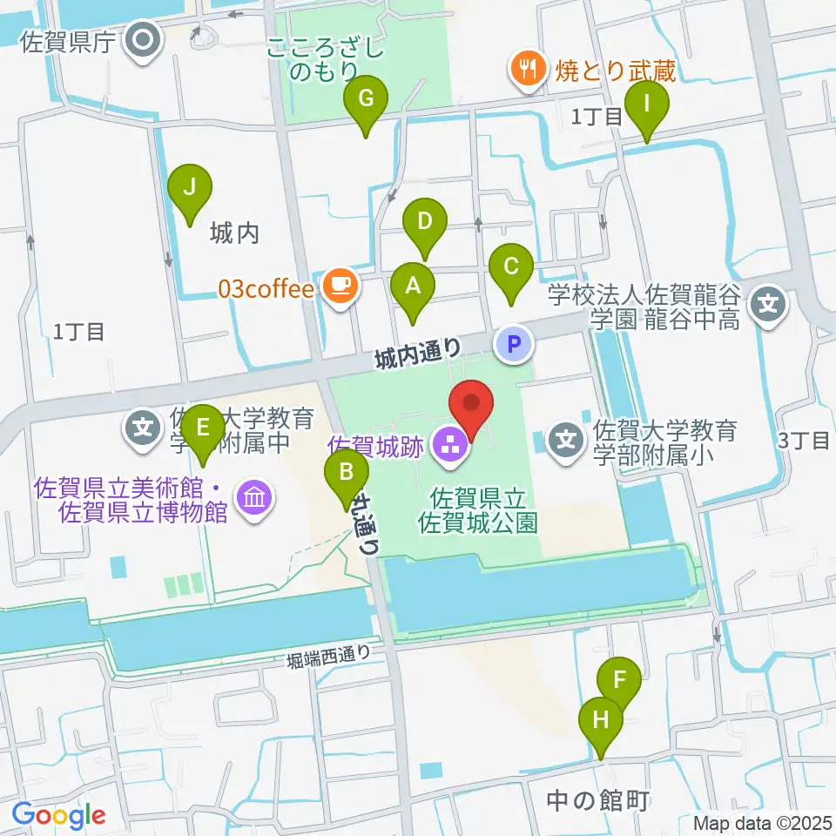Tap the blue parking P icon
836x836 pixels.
click(513, 345)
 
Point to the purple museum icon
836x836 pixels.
click(257, 498)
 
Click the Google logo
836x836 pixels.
click(59, 815)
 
